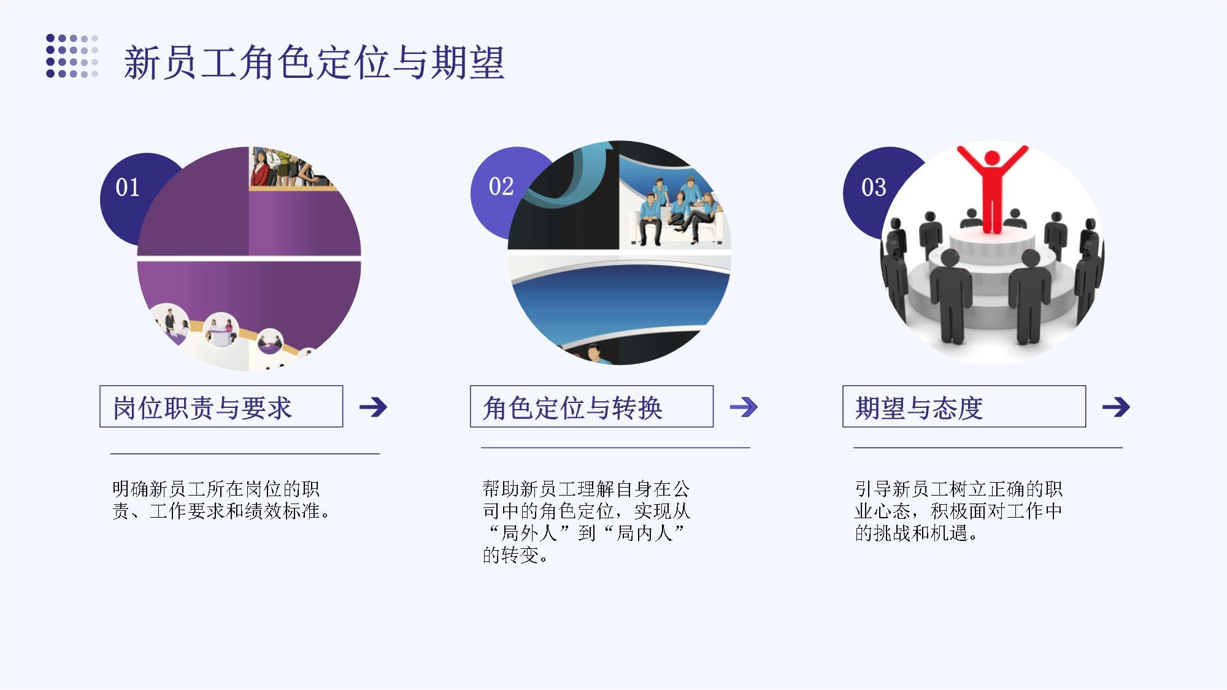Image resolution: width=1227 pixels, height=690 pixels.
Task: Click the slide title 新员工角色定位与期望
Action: click(314, 63)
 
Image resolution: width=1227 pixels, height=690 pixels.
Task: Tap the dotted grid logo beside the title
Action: click(72, 56)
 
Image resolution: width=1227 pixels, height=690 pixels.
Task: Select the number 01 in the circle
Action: click(128, 187)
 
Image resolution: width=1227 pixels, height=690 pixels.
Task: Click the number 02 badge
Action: click(501, 186)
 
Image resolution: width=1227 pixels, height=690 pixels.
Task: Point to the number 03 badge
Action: click(874, 187)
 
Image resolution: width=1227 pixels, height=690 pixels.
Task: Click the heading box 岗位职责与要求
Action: click(221, 406)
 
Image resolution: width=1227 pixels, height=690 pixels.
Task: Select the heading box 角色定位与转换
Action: click(591, 406)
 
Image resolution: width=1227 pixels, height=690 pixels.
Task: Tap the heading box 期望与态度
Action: click(964, 406)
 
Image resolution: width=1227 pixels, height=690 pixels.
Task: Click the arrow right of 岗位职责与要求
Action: click(374, 407)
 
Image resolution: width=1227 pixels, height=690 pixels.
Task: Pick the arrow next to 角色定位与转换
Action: click(744, 407)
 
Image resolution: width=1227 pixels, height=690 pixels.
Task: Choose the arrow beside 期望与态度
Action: click(1116, 407)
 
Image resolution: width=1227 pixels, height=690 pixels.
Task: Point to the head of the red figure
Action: click(991, 158)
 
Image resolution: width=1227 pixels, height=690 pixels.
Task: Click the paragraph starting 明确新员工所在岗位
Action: click(221, 500)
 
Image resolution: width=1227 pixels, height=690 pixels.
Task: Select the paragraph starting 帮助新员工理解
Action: click(587, 522)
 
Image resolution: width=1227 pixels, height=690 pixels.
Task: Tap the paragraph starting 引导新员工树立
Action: click(958, 511)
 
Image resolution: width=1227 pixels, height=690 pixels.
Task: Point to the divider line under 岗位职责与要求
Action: click(245, 454)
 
